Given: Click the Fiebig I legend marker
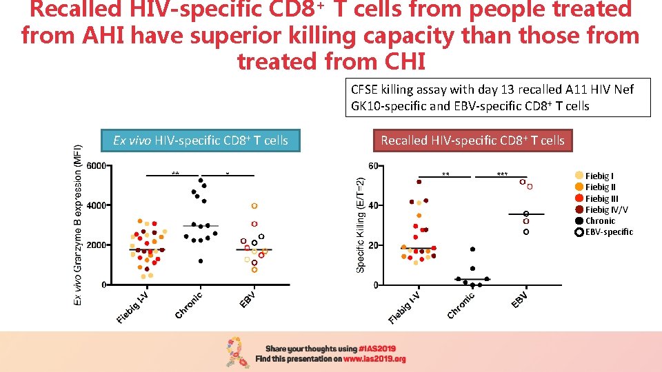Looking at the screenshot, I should [x=579, y=176].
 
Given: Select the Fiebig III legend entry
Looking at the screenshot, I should [x=601, y=198].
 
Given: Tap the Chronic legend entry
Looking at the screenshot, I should [x=600, y=221].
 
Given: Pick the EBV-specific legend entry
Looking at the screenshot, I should [x=608, y=232].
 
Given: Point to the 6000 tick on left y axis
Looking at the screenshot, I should [x=97, y=166].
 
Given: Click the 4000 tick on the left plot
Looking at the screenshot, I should [x=97, y=205].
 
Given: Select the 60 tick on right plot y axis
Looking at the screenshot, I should [x=372, y=166].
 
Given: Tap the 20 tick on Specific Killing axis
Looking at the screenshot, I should [x=372, y=245].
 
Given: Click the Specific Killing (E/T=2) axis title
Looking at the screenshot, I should [x=359, y=224].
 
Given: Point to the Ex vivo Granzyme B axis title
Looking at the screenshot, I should [x=79, y=224].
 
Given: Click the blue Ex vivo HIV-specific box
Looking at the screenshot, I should [x=200, y=141].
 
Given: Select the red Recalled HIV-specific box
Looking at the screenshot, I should [x=472, y=141].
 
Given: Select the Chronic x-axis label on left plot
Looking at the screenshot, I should [x=188, y=306].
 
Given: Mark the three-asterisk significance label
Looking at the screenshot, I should [x=502, y=175].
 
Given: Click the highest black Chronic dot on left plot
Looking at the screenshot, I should [x=201, y=180].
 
